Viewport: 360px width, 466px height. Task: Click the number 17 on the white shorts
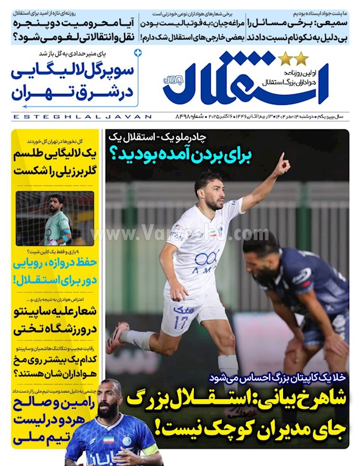pyautogui.click(x=182, y=322)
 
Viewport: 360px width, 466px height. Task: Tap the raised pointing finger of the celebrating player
pyautogui.click(x=281, y=158)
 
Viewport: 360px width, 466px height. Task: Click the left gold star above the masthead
pyautogui.click(x=285, y=59)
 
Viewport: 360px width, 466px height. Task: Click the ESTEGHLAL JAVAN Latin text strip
pyautogui.click(x=82, y=116)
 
